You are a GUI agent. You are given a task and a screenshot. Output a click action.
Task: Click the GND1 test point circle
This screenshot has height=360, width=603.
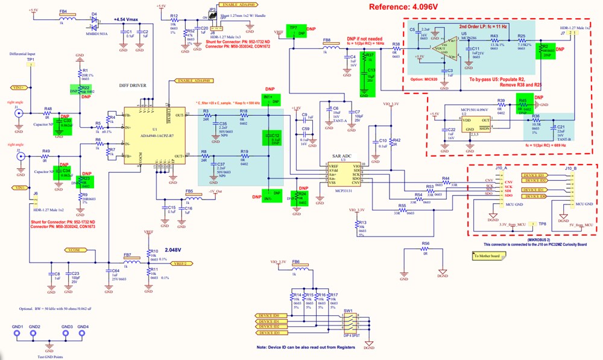(17, 336)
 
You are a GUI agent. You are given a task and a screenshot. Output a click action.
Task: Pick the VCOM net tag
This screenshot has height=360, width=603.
(75, 250)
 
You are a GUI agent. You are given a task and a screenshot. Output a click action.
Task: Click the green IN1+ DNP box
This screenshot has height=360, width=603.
(271, 99)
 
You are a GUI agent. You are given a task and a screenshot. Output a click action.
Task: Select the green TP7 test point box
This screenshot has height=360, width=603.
(295, 31)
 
